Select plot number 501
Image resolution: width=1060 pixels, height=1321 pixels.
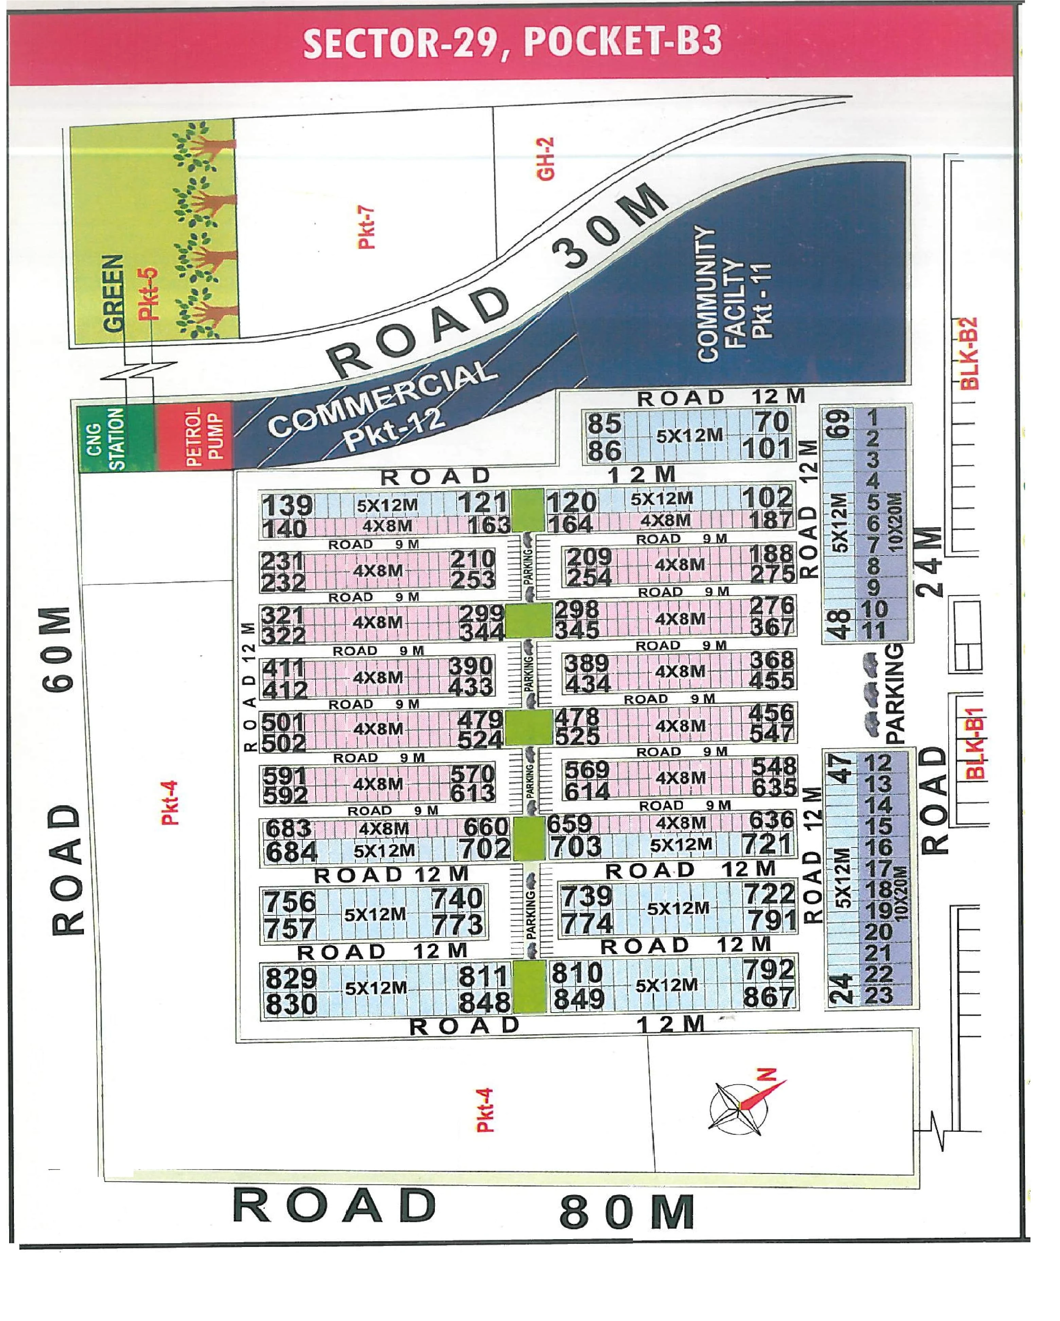click(283, 723)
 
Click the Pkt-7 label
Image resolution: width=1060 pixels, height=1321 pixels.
click(366, 227)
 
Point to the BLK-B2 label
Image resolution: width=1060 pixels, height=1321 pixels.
click(969, 354)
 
